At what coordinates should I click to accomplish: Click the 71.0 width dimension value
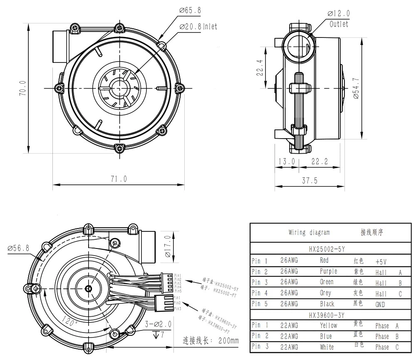[118, 179]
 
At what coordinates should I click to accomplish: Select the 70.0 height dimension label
[23, 88]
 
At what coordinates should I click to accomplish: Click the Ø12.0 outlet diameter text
[339, 13]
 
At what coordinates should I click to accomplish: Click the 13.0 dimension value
[286, 161]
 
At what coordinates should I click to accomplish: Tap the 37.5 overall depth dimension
[310, 180]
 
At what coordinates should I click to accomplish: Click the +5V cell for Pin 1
[381, 261]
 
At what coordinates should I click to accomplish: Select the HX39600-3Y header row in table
[327, 315]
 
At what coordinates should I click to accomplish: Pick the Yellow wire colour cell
[328, 325]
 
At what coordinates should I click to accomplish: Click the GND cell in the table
[380, 304]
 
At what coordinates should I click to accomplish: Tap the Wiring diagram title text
[309, 233]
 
